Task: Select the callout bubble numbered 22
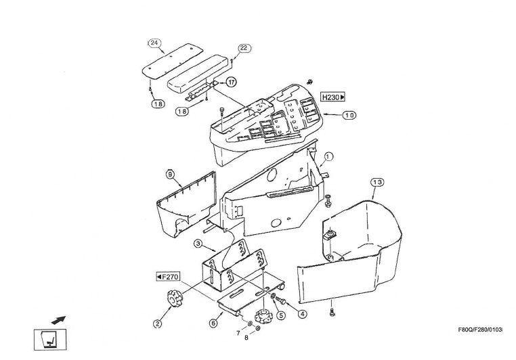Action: pyautogui.click(x=244, y=48)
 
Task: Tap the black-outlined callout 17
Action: pyautogui.click(x=231, y=82)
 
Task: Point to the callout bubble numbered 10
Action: pyautogui.click(x=348, y=116)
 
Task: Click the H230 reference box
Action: pyautogui.click(x=332, y=97)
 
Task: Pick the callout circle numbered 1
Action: pyautogui.click(x=328, y=156)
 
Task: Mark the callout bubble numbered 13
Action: pyautogui.click(x=377, y=182)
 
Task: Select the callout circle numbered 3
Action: pyautogui.click(x=198, y=244)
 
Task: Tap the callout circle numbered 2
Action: pyautogui.click(x=157, y=323)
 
